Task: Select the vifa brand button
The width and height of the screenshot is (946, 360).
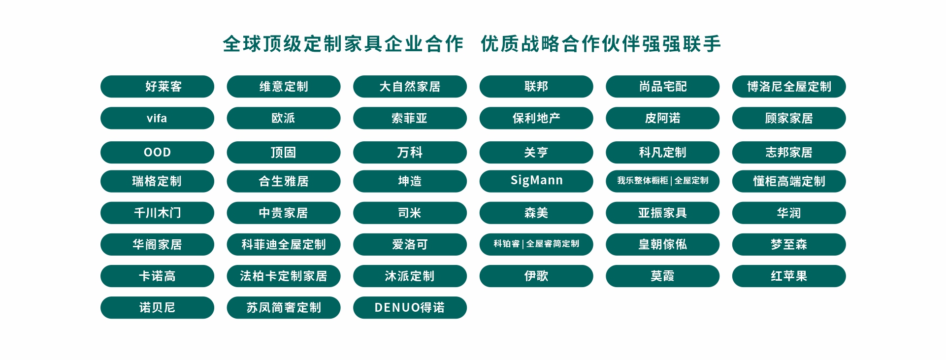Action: click(157, 118)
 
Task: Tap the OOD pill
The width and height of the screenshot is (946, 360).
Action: click(157, 152)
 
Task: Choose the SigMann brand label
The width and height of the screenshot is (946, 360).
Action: click(536, 181)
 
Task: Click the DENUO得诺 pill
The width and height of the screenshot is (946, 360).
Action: click(410, 308)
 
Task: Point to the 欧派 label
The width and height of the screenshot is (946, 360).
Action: click(283, 118)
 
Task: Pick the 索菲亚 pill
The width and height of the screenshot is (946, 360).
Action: click(410, 118)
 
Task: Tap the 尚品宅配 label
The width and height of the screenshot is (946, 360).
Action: click(662, 87)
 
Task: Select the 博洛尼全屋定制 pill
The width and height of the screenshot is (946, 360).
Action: click(789, 87)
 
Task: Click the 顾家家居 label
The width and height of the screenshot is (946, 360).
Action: click(789, 118)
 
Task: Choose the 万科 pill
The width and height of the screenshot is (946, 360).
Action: click(410, 152)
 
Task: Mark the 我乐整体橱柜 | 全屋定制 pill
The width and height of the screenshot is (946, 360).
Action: click(662, 181)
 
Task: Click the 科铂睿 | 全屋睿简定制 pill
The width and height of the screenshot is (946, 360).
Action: click(536, 244)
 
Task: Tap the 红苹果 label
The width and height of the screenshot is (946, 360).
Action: click(789, 276)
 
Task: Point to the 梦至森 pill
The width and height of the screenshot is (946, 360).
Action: click(789, 244)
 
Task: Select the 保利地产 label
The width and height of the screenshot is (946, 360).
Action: click(536, 118)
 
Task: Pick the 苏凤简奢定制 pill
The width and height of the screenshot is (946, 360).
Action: click(283, 308)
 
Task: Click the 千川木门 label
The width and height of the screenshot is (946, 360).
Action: click(157, 213)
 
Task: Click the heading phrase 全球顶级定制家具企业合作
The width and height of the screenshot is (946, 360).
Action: click(343, 44)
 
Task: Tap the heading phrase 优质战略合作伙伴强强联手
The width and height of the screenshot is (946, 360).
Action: click(601, 44)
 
